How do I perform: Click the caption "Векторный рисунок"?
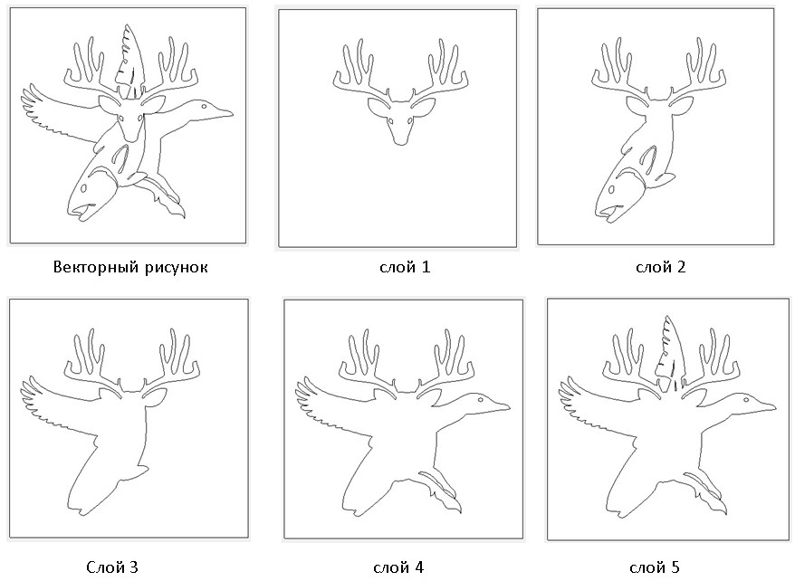pyautogui.click(x=130, y=267)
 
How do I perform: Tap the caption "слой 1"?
pyautogui.click(x=405, y=267)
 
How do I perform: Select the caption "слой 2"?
pyautogui.click(x=661, y=267)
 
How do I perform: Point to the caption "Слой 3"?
pyautogui.click(x=112, y=567)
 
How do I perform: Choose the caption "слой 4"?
pyautogui.click(x=398, y=567)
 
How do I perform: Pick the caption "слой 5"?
pyautogui.click(x=654, y=567)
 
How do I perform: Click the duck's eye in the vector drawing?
pyautogui.click(x=203, y=107)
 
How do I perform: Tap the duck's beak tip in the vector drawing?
pyautogui.click(x=232, y=113)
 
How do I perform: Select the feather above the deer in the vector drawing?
pyautogui.click(x=130, y=57)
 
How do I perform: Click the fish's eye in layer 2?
pyautogui.click(x=612, y=190)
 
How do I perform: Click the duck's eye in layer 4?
pyautogui.click(x=478, y=400)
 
